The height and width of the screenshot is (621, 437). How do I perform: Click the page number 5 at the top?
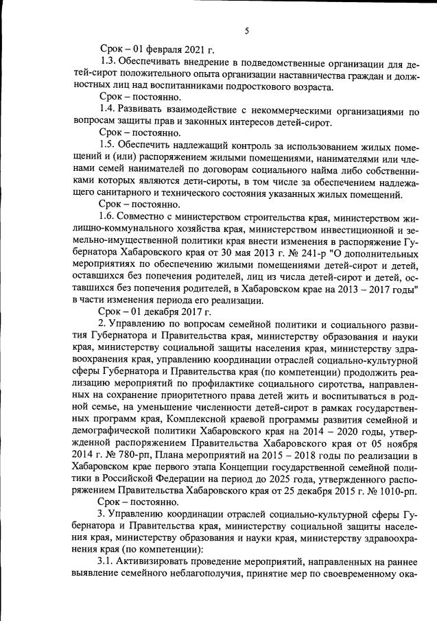pyautogui.click(x=246, y=31)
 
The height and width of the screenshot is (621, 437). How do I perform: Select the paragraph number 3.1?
pyautogui.click(x=108, y=561)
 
